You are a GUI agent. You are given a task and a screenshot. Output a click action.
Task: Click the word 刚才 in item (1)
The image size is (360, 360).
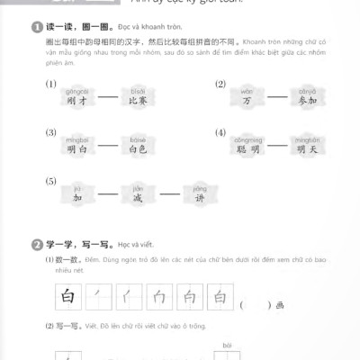(74, 101)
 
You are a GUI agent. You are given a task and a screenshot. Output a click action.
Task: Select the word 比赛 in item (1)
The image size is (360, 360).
(137, 101)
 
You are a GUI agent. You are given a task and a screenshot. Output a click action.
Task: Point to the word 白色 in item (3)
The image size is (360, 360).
(137, 150)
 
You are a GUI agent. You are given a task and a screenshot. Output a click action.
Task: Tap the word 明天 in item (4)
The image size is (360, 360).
(307, 150)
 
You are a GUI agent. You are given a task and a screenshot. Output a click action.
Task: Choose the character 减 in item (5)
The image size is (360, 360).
(138, 198)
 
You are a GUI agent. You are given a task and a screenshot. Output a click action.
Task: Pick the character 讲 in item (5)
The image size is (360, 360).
(199, 198)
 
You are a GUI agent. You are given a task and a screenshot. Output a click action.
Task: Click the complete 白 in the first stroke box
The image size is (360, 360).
(66, 296)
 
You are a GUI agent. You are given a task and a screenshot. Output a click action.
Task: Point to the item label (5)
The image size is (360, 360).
(51, 183)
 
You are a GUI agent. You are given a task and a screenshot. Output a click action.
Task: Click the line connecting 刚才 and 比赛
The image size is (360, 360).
(105, 101)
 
